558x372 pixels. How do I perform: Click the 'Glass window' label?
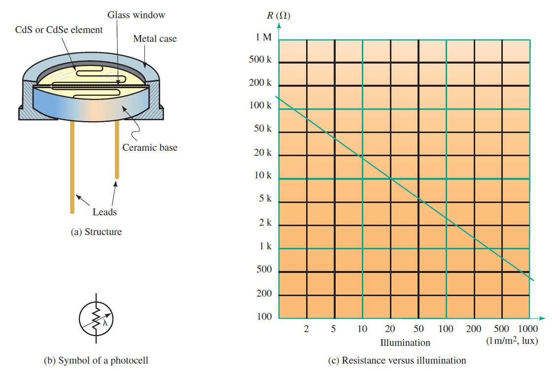137,15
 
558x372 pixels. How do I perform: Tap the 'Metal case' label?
155,38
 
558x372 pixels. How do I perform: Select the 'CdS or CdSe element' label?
59,30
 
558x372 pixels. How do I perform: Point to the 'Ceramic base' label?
150,147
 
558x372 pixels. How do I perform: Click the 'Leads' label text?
105,212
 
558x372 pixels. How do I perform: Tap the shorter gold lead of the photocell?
117,149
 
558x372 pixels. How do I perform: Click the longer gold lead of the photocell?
72,167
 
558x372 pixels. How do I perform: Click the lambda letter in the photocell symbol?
105,323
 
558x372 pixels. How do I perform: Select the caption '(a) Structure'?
96,232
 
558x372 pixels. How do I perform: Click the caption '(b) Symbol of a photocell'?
96,360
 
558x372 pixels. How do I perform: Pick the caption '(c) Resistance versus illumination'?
397,360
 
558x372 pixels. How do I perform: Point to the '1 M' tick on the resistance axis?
263,37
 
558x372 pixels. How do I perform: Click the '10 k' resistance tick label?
263,175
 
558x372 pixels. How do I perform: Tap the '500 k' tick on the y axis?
260,60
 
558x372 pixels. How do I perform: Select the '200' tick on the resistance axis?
264,293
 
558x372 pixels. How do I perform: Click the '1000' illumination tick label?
528,329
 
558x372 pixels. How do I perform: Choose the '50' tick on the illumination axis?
418,329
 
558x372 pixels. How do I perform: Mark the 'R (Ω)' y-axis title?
279,16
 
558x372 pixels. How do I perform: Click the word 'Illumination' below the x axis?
405,342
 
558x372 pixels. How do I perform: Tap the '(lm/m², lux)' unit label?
512,340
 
